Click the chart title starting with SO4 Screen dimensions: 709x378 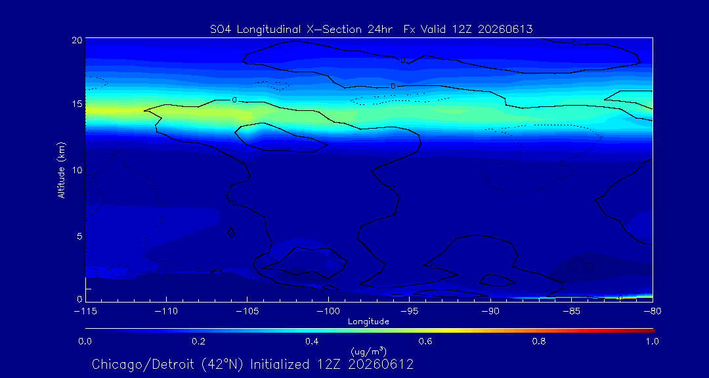point(371,30)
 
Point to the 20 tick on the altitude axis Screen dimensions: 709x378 point(77,40)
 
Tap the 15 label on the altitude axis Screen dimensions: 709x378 point(77,104)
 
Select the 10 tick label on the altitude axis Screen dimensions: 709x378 point(77,169)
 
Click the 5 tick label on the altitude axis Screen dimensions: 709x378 point(79,236)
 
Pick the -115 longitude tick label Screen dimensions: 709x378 point(85,312)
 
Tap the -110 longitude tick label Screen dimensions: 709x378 point(166,312)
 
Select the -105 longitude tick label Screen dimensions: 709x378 point(247,312)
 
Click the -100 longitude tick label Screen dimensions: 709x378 point(328,312)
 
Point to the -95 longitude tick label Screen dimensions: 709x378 point(409,312)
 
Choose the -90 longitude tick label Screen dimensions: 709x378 point(490,312)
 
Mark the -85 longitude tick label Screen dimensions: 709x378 point(572,312)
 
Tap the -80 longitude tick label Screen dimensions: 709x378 point(653,312)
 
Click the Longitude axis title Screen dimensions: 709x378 point(368,322)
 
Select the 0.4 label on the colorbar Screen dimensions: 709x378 point(312,341)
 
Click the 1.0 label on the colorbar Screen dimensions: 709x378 point(652,341)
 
